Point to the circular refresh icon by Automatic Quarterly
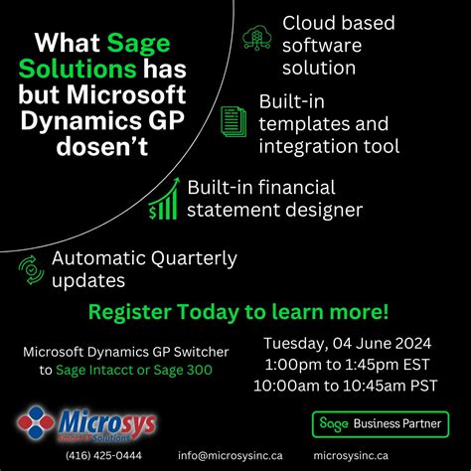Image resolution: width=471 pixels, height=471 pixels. [29, 268]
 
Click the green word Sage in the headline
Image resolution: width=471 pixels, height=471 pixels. [135, 45]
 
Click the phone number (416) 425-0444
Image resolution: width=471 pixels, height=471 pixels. [103, 455]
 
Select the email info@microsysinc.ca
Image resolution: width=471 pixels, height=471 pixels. [231, 455]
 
